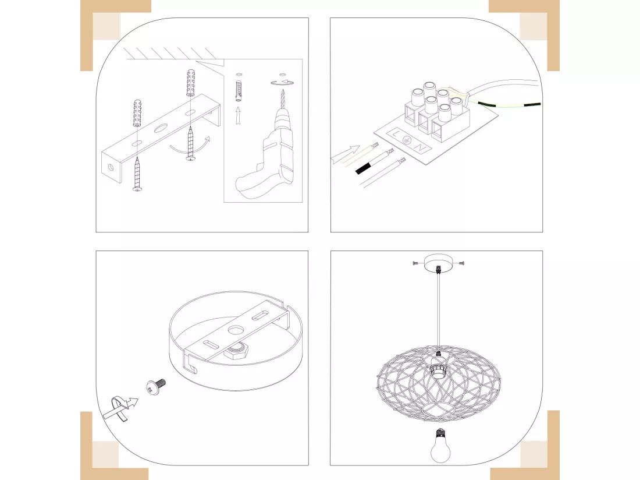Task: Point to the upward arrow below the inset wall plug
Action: click(238, 115)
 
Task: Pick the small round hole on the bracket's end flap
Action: click(111, 167)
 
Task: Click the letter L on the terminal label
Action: click(396, 134)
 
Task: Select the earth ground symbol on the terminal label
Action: click(407, 140)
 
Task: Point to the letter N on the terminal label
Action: click(421, 147)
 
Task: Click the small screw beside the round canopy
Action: click(157, 386)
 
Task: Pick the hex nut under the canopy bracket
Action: click(234, 351)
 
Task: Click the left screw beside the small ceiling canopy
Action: click(417, 263)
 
